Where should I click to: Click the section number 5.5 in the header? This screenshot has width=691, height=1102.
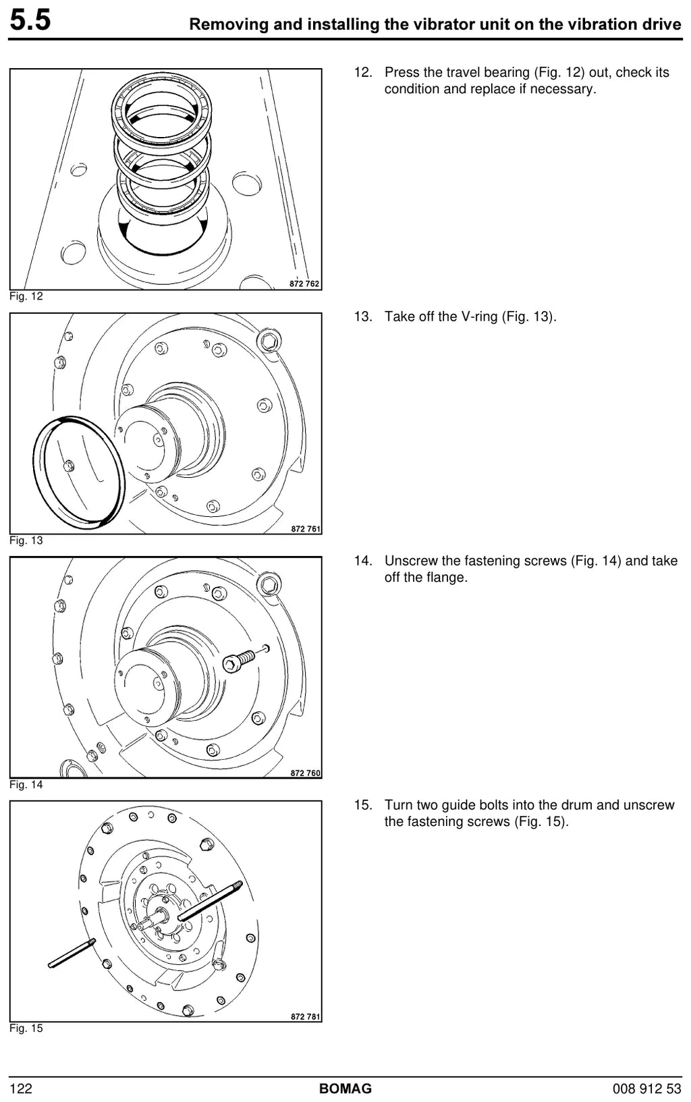tap(30, 21)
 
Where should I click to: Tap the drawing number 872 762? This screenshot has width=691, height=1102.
tap(304, 283)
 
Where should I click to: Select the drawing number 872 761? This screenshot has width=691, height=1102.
tap(306, 529)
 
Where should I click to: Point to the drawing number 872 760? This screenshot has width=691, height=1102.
tap(305, 773)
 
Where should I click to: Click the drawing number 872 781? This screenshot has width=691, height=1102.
tap(305, 1017)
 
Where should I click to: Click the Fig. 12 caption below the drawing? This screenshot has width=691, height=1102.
tap(26, 296)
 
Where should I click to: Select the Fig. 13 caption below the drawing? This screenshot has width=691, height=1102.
tap(26, 540)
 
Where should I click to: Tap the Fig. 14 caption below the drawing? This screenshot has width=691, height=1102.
tap(26, 784)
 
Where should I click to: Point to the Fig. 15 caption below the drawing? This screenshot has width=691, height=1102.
tap(26, 1028)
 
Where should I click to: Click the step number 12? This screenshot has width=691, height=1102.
tap(363, 72)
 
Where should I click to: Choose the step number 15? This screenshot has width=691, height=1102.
tap(363, 805)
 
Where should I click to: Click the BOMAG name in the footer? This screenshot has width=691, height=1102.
tap(345, 1089)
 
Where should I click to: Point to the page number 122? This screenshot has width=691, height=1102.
tap(21, 1089)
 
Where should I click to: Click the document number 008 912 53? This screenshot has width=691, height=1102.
tap(646, 1089)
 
